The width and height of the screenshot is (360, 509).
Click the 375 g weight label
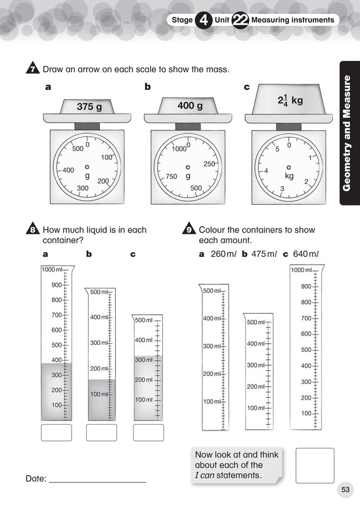[x=89, y=107]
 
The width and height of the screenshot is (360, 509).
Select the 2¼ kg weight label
[x=290, y=100]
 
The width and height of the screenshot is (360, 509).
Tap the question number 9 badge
[x=188, y=230]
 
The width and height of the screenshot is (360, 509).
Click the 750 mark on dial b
[x=171, y=177]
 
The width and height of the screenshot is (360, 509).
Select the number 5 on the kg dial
[x=277, y=150]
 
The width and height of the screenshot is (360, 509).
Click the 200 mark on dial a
[x=103, y=181]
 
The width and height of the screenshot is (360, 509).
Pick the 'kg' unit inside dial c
[x=289, y=177]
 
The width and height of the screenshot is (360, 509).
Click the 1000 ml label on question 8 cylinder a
[x=53, y=270]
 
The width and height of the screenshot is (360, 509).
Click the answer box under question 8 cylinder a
[x=56, y=432]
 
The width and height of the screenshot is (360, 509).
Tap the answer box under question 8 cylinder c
[x=148, y=432]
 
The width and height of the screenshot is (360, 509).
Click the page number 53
[x=345, y=489]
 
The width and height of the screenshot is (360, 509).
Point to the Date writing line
[x=97, y=481]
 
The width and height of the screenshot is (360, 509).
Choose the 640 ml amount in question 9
[x=305, y=254]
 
